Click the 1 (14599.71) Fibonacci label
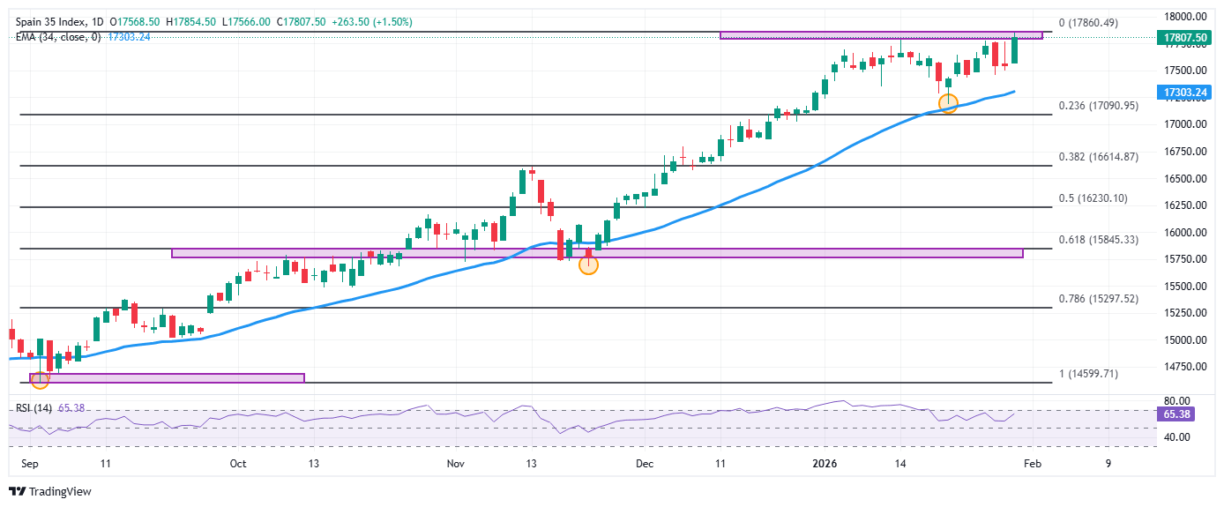click(x=1088, y=374)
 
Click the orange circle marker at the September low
click(x=40, y=380)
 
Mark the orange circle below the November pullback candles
click(x=588, y=265)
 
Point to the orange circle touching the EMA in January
click(x=948, y=103)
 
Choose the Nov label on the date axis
click(x=454, y=464)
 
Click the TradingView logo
click(x=50, y=491)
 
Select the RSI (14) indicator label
click(x=32, y=408)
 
